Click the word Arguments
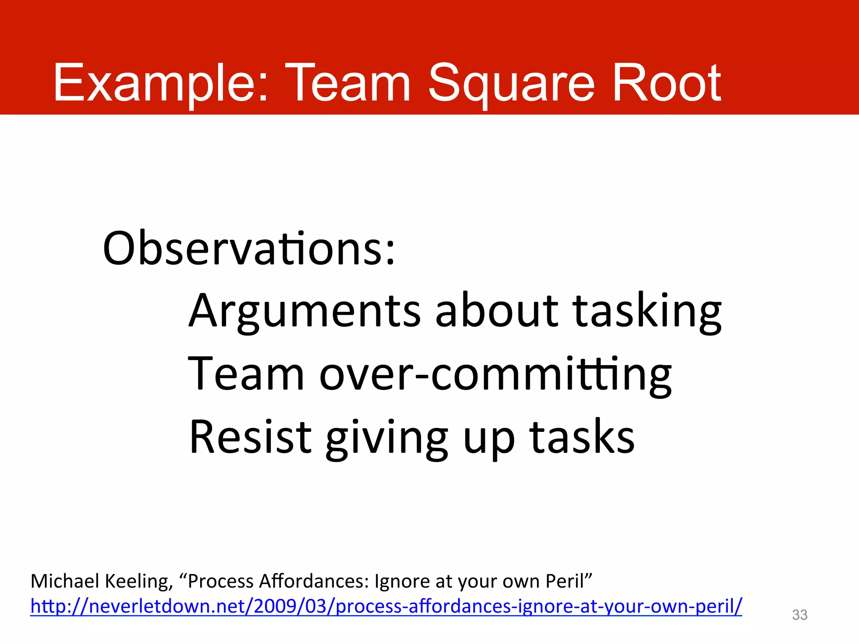(x=305, y=311)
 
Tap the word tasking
(x=647, y=311)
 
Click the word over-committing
(x=495, y=374)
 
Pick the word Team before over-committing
(x=246, y=374)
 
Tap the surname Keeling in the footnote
(x=138, y=582)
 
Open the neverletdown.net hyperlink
(x=386, y=606)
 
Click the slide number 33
(x=799, y=615)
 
